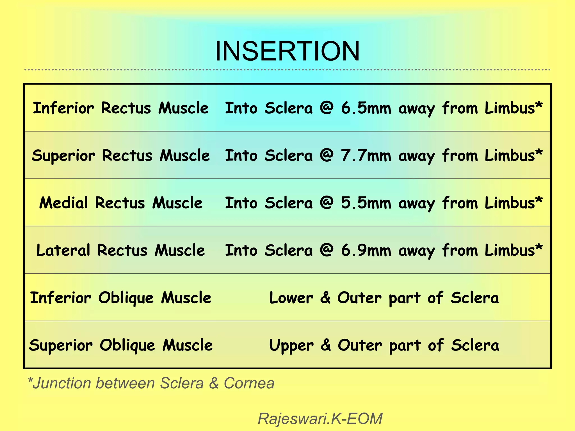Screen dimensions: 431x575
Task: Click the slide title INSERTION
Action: (x=287, y=51)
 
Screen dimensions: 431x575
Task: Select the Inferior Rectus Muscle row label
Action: (x=121, y=108)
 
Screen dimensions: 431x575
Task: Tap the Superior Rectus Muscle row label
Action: (x=121, y=155)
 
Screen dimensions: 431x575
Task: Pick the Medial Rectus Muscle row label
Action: (x=121, y=203)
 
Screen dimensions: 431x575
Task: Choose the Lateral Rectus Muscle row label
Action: (x=121, y=250)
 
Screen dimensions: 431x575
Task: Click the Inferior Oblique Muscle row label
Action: (x=121, y=298)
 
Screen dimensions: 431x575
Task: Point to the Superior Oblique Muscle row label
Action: (x=121, y=345)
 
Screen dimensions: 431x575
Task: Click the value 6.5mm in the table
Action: (x=366, y=108)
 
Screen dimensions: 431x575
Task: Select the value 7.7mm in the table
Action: (x=366, y=155)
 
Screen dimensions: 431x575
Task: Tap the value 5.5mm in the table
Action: (x=366, y=203)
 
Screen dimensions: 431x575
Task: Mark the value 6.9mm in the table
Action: (x=366, y=250)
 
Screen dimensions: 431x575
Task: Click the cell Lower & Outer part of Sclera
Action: (x=384, y=298)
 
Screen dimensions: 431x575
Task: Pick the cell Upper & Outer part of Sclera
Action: (x=384, y=345)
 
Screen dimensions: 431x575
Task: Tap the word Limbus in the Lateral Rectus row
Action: (x=510, y=250)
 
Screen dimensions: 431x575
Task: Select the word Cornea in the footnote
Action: (x=249, y=383)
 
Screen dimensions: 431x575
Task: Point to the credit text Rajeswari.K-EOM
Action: (x=320, y=419)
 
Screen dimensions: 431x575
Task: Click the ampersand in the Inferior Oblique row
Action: (x=325, y=298)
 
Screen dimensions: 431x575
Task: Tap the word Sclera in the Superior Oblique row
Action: (x=475, y=345)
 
